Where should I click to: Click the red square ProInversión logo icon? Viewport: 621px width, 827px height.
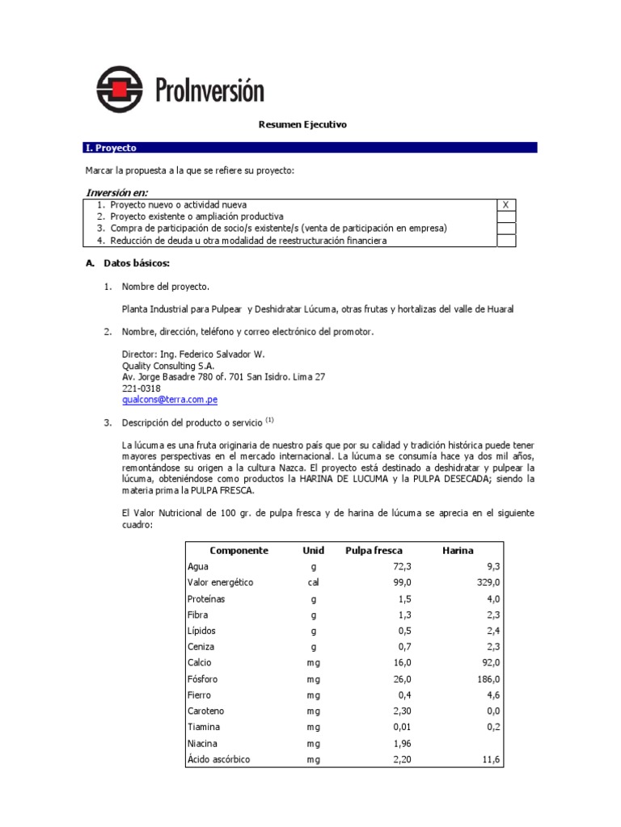(119, 89)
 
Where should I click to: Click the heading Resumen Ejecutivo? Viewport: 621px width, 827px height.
(302, 124)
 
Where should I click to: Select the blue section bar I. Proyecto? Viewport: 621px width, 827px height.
(310, 148)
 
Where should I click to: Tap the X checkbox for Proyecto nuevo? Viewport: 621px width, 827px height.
(505, 205)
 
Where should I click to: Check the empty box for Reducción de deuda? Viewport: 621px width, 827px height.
(505, 241)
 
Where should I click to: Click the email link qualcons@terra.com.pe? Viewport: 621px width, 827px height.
(169, 400)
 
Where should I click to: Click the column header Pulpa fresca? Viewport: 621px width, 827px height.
(374, 551)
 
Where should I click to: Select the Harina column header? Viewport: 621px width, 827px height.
(458, 551)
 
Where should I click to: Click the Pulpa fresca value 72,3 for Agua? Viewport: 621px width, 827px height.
(402, 567)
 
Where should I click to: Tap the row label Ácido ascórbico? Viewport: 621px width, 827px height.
(220, 759)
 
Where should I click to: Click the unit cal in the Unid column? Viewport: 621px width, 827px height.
(313, 582)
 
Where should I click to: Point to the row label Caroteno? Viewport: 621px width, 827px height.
(205, 712)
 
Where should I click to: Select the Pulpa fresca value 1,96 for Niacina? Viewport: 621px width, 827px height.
(402, 743)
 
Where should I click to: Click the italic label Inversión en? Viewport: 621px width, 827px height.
(116, 192)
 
